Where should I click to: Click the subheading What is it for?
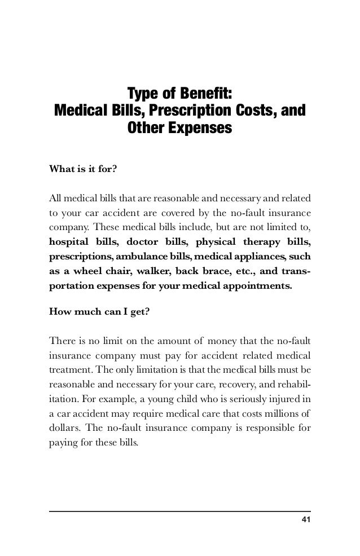84,169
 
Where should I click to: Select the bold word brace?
237,272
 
